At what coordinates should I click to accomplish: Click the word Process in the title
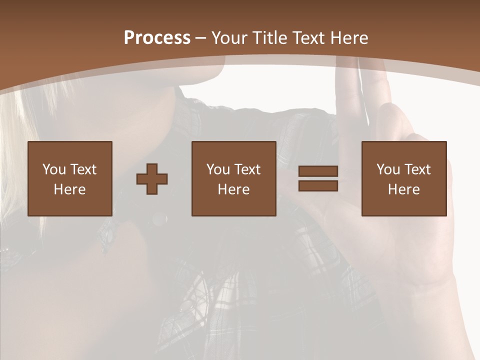pos(157,38)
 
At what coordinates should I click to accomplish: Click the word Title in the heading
pos(270,38)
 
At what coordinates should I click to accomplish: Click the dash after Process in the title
pos(200,38)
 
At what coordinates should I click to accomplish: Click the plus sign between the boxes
pos(152,179)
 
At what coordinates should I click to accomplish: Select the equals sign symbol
pos(318,178)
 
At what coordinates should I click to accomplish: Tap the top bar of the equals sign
pos(318,171)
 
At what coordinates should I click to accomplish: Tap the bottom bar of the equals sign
pos(318,185)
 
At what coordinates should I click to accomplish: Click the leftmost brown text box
pos(69,178)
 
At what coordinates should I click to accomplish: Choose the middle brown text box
pos(233,178)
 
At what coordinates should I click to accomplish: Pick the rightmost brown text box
pos(403,178)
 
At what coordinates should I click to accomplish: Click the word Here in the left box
pos(69,189)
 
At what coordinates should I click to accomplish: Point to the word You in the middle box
pos(218,169)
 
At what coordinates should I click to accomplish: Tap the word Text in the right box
pos(417,169)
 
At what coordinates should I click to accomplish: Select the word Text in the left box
pos(83,169)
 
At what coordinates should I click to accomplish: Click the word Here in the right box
pos(403,189)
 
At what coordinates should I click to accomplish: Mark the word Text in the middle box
pos(247,169)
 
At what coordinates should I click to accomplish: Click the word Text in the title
pos(308,38)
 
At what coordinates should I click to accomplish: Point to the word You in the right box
pos(388,169)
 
